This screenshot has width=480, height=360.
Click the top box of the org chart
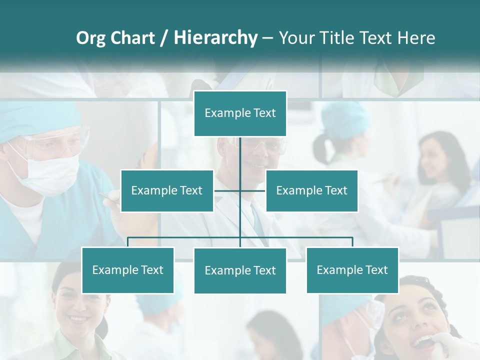pyautogui.click(x=240, y=113)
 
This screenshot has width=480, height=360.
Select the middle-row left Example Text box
pyautogui.click(x=167, y=190)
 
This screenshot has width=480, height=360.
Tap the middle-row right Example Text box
pyautogui.click(x=311, y=190)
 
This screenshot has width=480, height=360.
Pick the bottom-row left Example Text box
pyautogui.click(x=128, y=270)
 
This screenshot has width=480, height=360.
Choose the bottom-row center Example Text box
pyautogui.click(x=240, y=270)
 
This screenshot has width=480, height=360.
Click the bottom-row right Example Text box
pyautogui.click(x=352, y=270)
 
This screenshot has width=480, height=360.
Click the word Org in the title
pyautogui.click(x=90, y=38)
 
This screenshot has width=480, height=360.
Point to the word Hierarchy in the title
pyautogui.click(x=215, y=38)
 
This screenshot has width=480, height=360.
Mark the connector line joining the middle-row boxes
pyautogui.click(x=240, y=190)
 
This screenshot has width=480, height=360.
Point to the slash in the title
pyautogui.click(x=163, y=38)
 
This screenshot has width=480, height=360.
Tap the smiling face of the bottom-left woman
pyautogui.click(x=75, y=305)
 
